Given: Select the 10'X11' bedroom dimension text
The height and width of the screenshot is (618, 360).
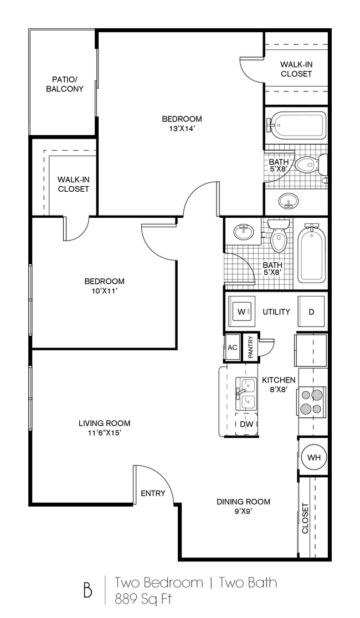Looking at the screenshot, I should click(x=104, y=291).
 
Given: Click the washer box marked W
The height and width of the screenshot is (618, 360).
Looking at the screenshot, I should click(x=241, y=312).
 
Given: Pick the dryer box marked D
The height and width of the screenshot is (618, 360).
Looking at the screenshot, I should click(x=311, y=312).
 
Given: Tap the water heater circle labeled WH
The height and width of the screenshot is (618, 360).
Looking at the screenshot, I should click(x=313, y=457).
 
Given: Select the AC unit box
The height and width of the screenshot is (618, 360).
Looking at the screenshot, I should click(x=233, y=348).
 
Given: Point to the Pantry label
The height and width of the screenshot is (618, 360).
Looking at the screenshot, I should click(x=250, y=348).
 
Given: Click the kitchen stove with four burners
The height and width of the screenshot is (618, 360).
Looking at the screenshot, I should click(x=311, y=402).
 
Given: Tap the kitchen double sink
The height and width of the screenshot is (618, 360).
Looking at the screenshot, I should click(x=245, y=392).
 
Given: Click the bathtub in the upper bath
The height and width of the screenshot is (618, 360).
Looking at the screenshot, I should click(x=297, y=125).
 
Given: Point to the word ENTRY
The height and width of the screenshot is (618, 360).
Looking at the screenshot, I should click(x=153, y=493).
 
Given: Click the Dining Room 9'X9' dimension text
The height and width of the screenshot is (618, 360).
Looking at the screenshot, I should click(x=243, y=512).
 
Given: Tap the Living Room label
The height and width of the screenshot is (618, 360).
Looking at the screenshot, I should click(x=104, y=423).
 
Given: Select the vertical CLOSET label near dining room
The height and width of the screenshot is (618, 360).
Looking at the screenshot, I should click(x=305, y=518).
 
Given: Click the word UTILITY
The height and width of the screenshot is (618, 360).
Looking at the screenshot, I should click(x=276, y=312).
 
